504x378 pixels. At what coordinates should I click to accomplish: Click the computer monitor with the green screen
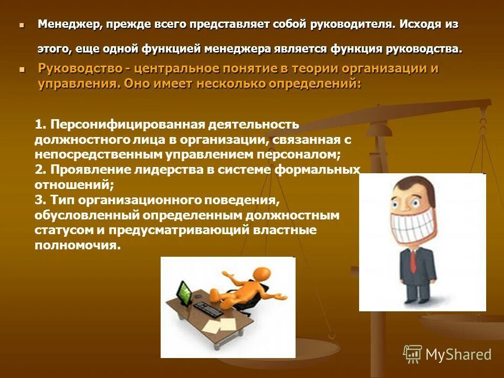point(183,292)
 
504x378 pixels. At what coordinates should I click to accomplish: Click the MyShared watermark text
point(458,354)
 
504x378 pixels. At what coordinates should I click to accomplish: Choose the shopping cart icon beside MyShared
point(412,354)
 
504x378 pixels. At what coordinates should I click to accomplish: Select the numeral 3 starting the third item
point(38,200)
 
